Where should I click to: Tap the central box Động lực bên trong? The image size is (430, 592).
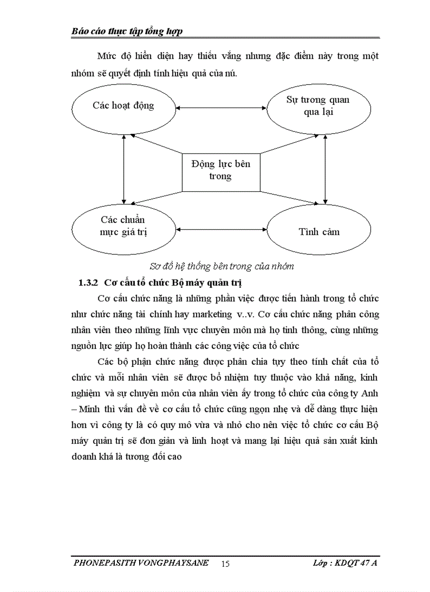221,170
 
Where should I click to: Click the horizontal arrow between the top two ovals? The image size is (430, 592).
221,109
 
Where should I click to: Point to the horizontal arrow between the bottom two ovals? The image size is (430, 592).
221,230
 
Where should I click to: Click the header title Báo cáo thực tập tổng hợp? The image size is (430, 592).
127,32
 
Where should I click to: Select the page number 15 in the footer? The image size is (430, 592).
226,564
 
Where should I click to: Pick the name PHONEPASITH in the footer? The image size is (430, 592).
105,563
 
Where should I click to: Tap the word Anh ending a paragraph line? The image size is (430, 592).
370,393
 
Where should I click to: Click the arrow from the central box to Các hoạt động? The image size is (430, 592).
155,145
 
